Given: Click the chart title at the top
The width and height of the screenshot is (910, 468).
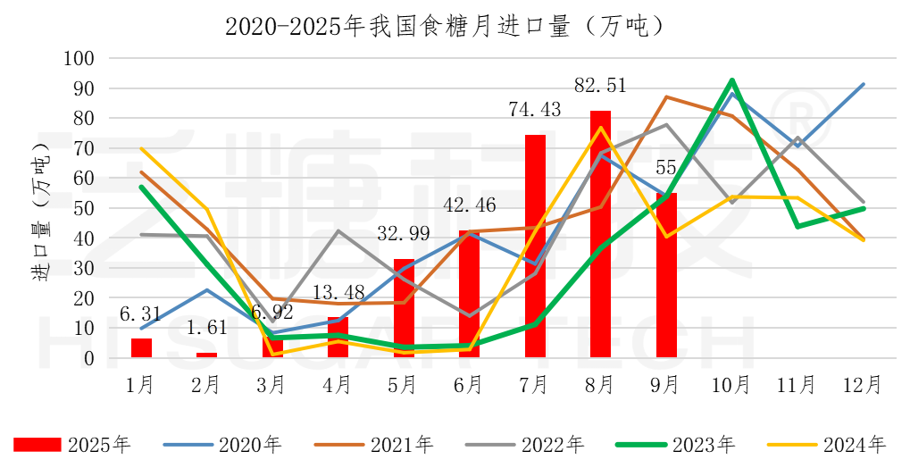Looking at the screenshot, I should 444,26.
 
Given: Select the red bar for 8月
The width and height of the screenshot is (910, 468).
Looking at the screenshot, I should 600,234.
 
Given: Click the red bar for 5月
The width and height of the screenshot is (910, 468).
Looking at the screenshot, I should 404,308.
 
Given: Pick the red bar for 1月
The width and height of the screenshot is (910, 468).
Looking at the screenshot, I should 141,348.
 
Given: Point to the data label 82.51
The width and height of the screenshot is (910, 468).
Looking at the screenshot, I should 599,86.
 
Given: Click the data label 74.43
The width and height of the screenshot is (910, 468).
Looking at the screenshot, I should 534,111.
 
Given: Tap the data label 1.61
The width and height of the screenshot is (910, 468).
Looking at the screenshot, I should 206,329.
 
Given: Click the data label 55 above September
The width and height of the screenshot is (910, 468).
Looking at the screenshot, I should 666,169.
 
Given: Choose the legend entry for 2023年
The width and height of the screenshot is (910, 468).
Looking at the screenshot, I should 676,444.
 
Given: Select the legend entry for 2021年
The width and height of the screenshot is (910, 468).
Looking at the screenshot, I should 374,444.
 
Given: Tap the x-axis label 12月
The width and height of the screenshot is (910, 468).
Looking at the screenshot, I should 863,385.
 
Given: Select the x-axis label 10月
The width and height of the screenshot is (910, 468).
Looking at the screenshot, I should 731,385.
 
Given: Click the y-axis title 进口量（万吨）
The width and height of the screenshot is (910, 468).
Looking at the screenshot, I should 41,207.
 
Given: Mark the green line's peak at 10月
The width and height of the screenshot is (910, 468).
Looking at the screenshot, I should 732,80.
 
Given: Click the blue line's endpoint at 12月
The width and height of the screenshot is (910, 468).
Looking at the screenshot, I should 864,84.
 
